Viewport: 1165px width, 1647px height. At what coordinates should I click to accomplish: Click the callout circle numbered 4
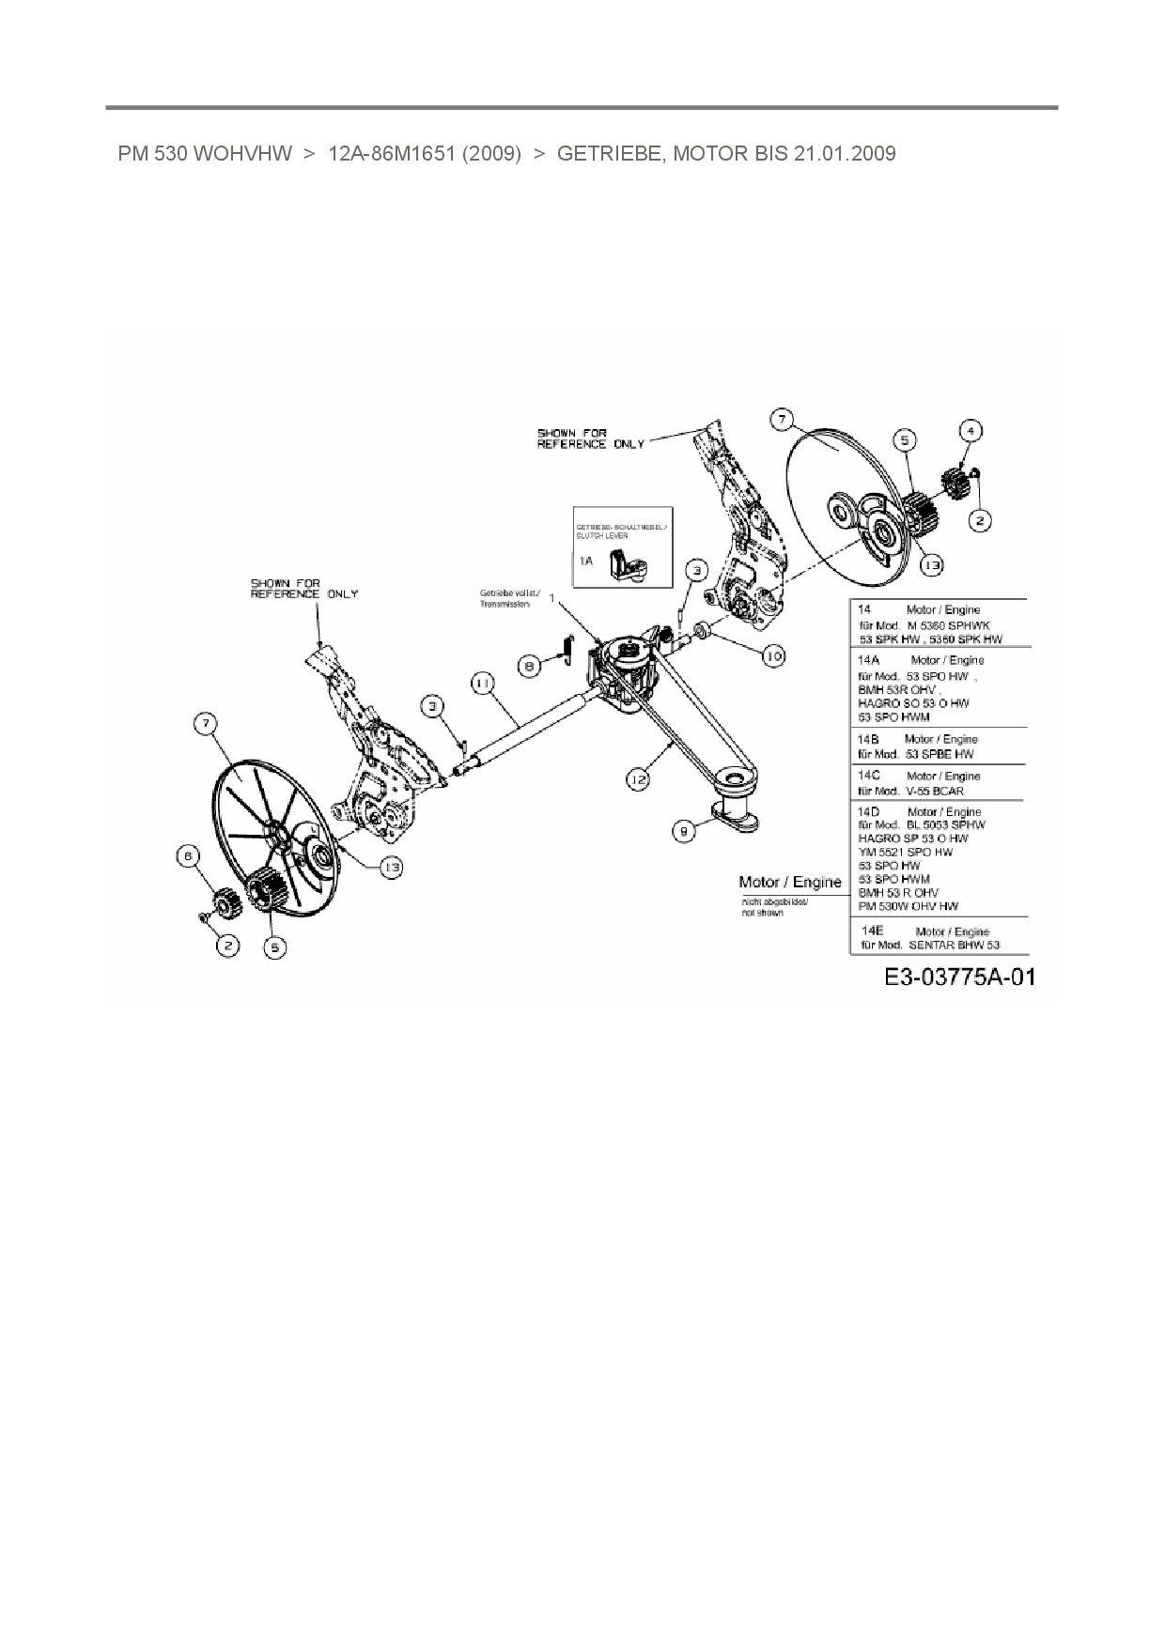pyautogui.click(x=971, y=430)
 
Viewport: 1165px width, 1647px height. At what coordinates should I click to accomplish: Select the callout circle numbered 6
pyautogui.click(x=187, y=855)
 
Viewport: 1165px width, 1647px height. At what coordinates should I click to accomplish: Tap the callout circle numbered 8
pyautogui.click(x=530, y=665)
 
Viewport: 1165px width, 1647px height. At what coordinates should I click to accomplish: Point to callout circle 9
pyautogui.click(x=683, y=829)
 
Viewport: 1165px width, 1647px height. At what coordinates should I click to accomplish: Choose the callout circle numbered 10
pyautogui.click(x=772, y=656)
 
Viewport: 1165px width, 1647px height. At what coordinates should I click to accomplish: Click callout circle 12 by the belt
pyautogui.click(x=638, y=777)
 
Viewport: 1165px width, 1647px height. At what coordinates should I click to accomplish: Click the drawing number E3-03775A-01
pyautogui.click(x=959, y=977)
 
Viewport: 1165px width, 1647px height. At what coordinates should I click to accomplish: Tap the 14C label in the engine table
pyautogui.click(x=868, y=776)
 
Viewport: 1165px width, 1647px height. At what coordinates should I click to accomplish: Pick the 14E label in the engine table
pyautogui.click(x=872, y=931)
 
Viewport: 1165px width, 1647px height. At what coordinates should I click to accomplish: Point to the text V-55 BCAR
pyautogui.click(x=935, y=791)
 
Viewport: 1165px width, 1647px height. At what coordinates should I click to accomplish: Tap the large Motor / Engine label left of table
pyautogui.click(x=789, y=882)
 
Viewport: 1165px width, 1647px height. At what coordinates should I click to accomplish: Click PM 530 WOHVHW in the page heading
pyautogui.click(x=205, y=153)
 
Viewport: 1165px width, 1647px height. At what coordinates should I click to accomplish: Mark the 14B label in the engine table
pyautogui.click(x=868, y=739)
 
